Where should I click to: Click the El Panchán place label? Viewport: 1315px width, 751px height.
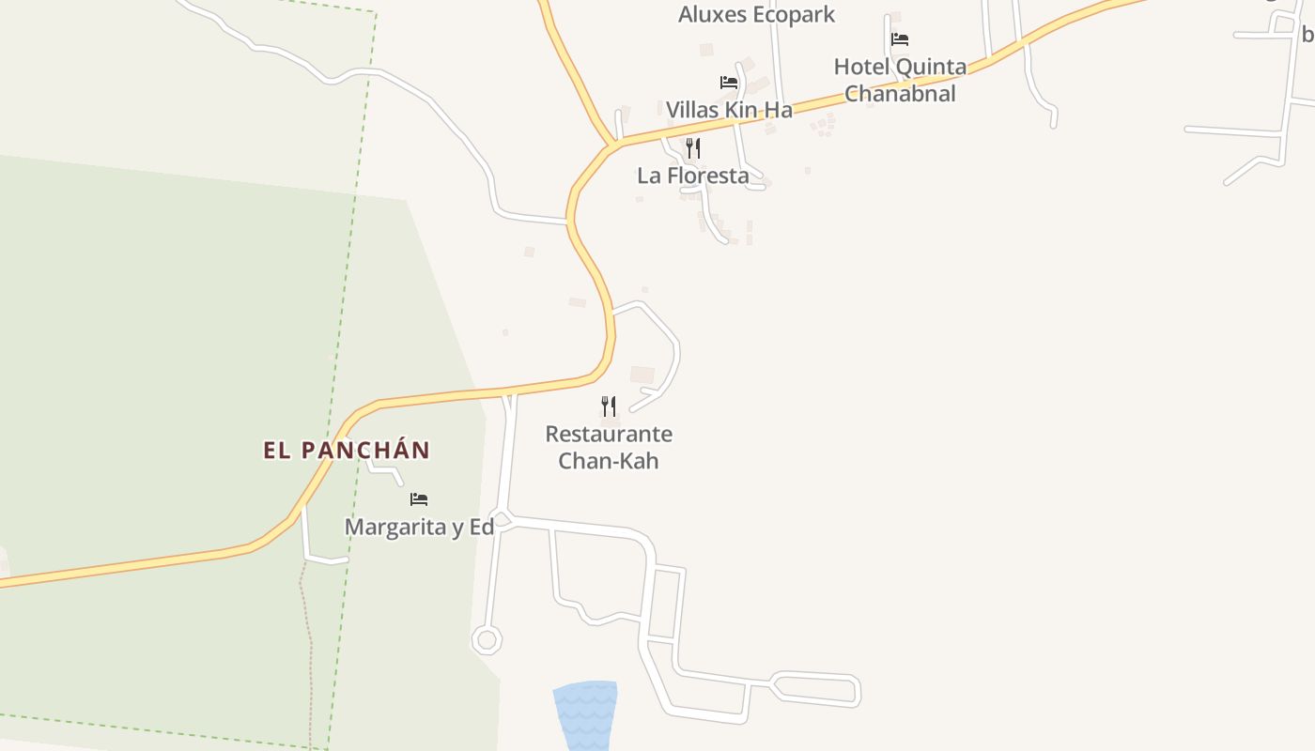click(346, 451)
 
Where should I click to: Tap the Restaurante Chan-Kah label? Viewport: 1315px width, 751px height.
click(609, 447)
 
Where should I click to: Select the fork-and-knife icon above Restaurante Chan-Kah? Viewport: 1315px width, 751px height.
click(609, 406)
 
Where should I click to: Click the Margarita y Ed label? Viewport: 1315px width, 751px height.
click(419, 527)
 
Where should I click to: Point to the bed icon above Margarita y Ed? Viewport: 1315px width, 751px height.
click(419, 499)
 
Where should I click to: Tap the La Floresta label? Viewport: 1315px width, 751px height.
click(693, 176)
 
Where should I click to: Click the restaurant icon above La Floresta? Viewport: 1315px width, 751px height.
click(693, 148)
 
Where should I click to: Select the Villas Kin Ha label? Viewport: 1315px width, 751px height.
click(729, 110)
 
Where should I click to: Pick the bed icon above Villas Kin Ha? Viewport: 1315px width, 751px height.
click(728, 83)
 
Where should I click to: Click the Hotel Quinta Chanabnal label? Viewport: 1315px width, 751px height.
click(900, 80)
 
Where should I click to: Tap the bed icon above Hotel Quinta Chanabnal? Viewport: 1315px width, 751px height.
click(900, 39)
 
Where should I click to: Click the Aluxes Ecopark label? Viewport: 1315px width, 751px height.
click(756, 14)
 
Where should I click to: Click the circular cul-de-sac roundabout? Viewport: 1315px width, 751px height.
click(487, 640)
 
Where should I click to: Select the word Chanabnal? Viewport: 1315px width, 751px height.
click(900, 94)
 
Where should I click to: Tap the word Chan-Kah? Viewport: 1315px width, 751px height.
click(609, 461)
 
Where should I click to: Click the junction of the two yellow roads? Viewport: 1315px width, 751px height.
click(612, 146)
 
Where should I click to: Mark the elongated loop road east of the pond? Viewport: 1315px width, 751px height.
click(815, 688)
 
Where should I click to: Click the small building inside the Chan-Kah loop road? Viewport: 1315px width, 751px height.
click(642, 375)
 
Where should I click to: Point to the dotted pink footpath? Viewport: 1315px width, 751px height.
click(306, 638)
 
